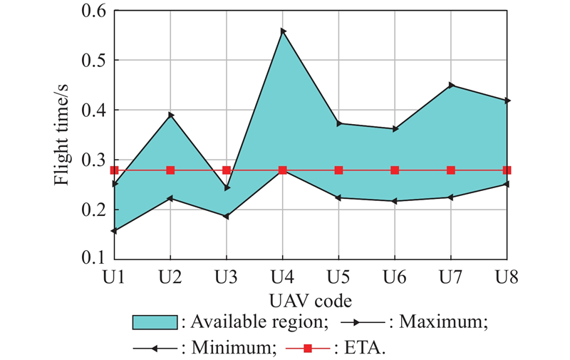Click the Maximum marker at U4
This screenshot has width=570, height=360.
[283, 31]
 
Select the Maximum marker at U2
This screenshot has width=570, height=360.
[170, 115]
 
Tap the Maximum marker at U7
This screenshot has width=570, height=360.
[451, 86]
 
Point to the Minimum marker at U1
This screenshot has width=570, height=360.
[114, 230]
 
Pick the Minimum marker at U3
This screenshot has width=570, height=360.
[227, 216]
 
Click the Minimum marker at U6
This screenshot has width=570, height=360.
[395, 201]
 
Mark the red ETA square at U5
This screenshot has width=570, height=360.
[338, 170]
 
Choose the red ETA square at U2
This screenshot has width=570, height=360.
[170, 170]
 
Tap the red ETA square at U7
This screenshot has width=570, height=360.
[451, 170]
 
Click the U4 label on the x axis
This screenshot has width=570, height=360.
[283, 274]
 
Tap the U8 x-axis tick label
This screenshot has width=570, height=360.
[507, 274]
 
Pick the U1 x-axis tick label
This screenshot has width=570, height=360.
[114, 274]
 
